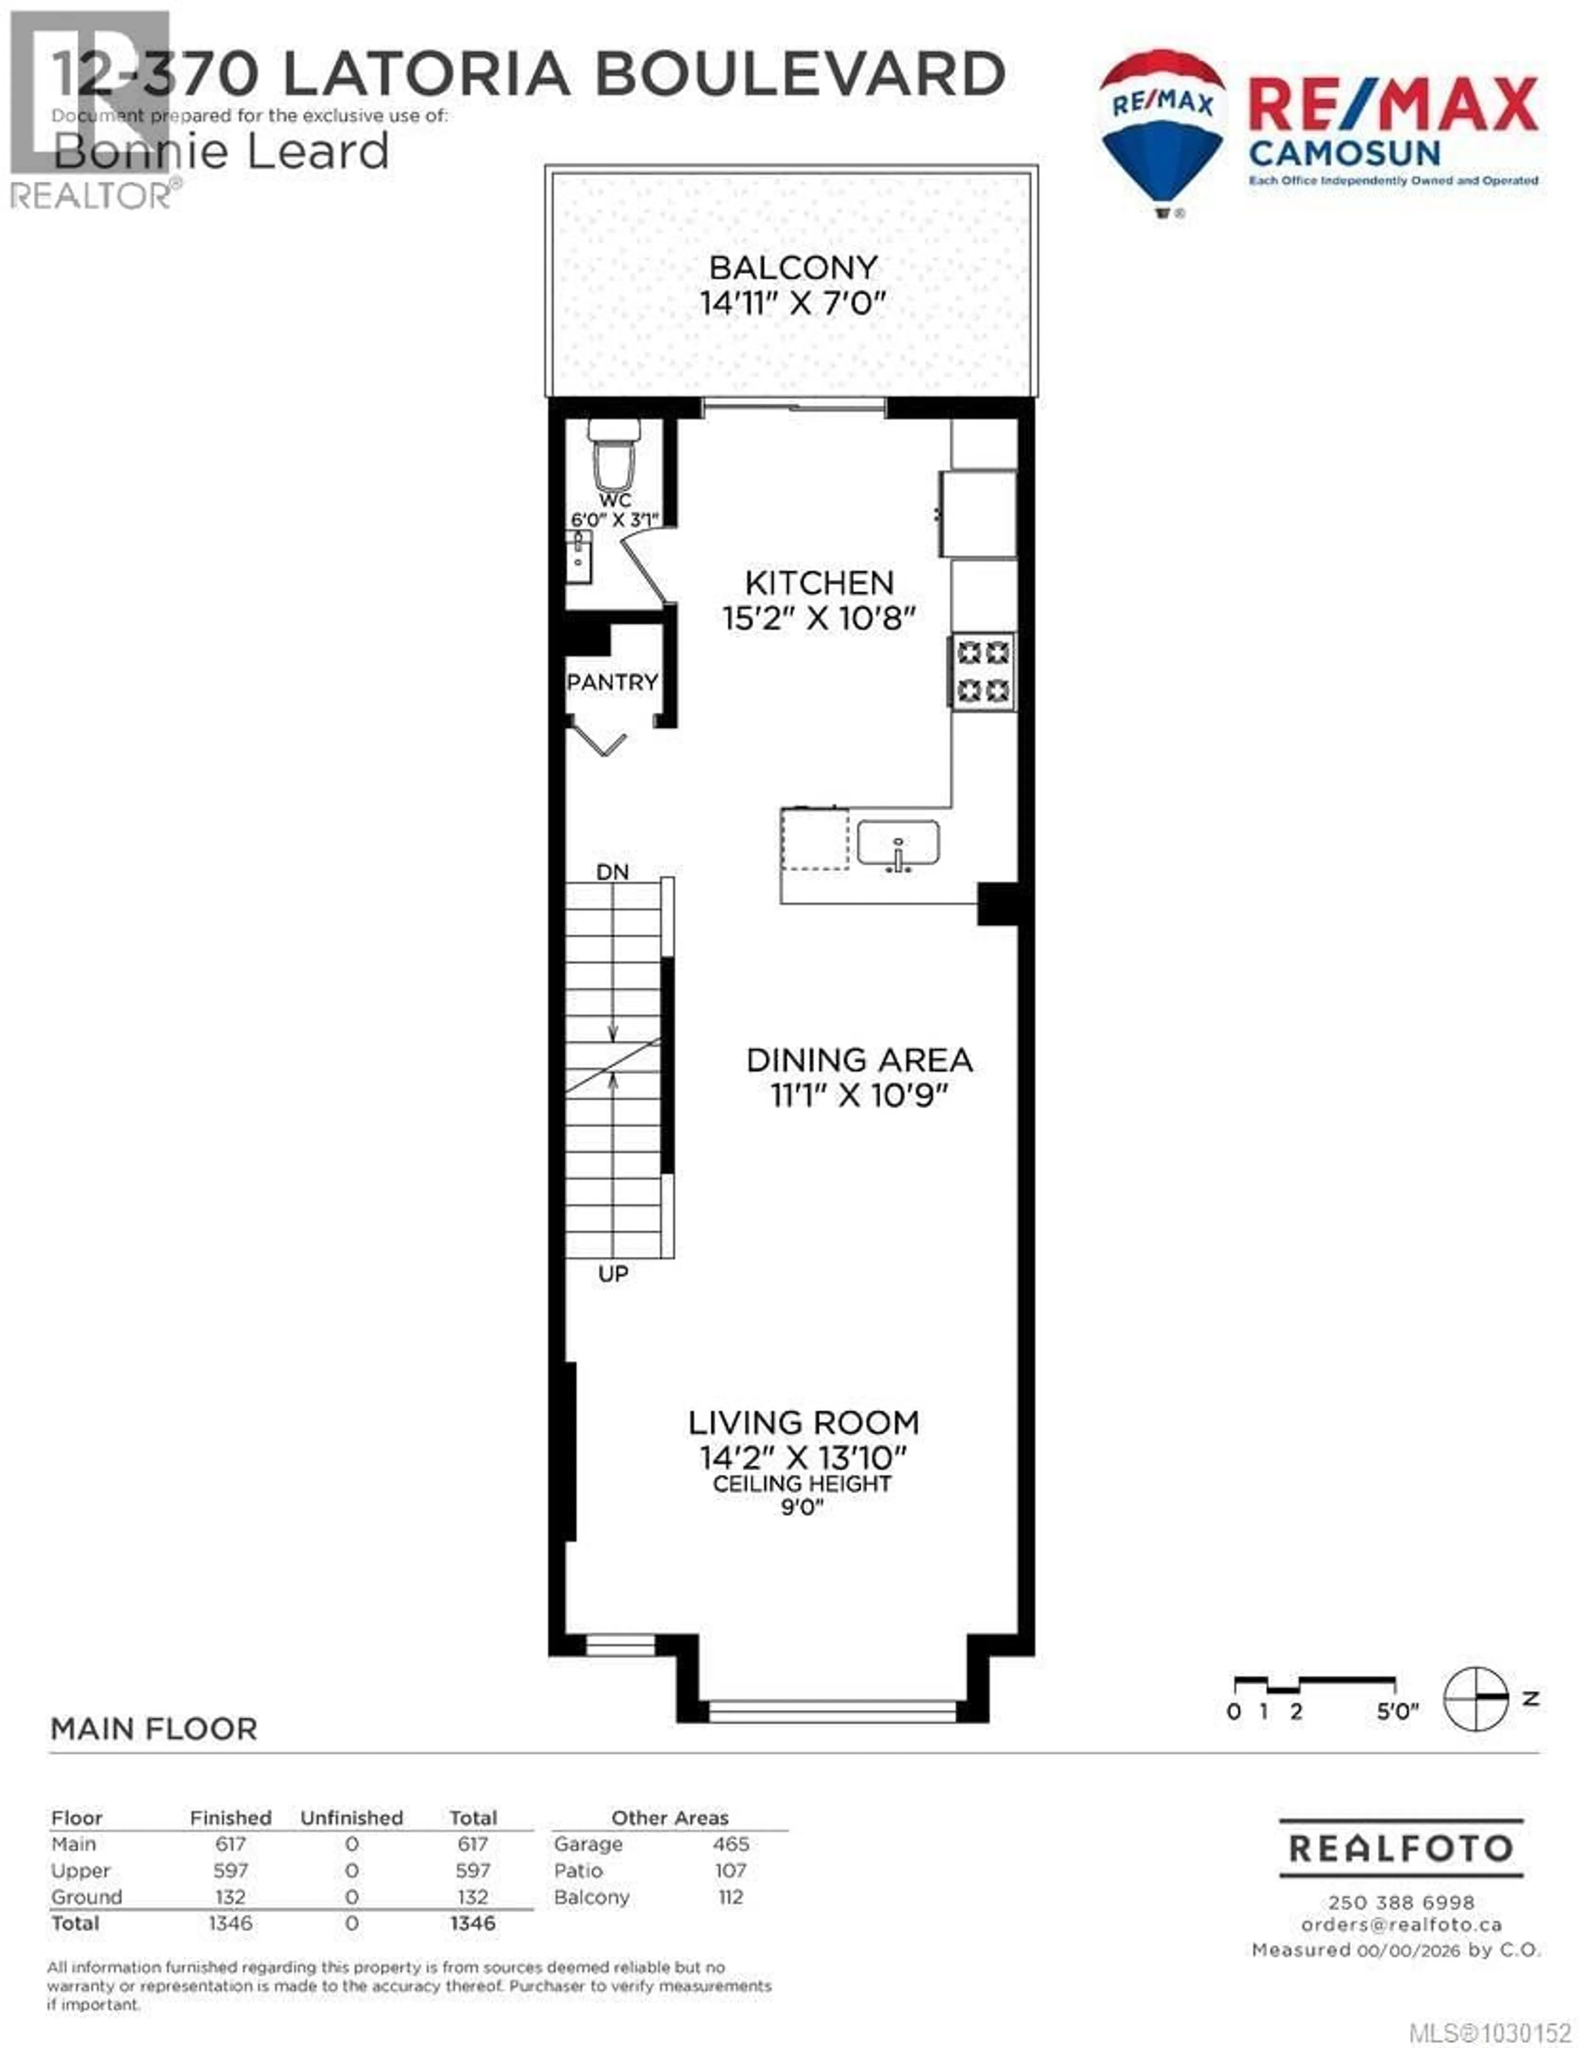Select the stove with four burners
click(x=983, y=671)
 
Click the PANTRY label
click(x=612, y=683)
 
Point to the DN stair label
click(x=612, y=872)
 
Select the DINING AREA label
click(x=859, y=1060)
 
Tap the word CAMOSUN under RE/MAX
click(x=1344, y=153)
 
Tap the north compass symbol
click(x=1476, y=1698)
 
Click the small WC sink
click(x=579, y=558)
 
